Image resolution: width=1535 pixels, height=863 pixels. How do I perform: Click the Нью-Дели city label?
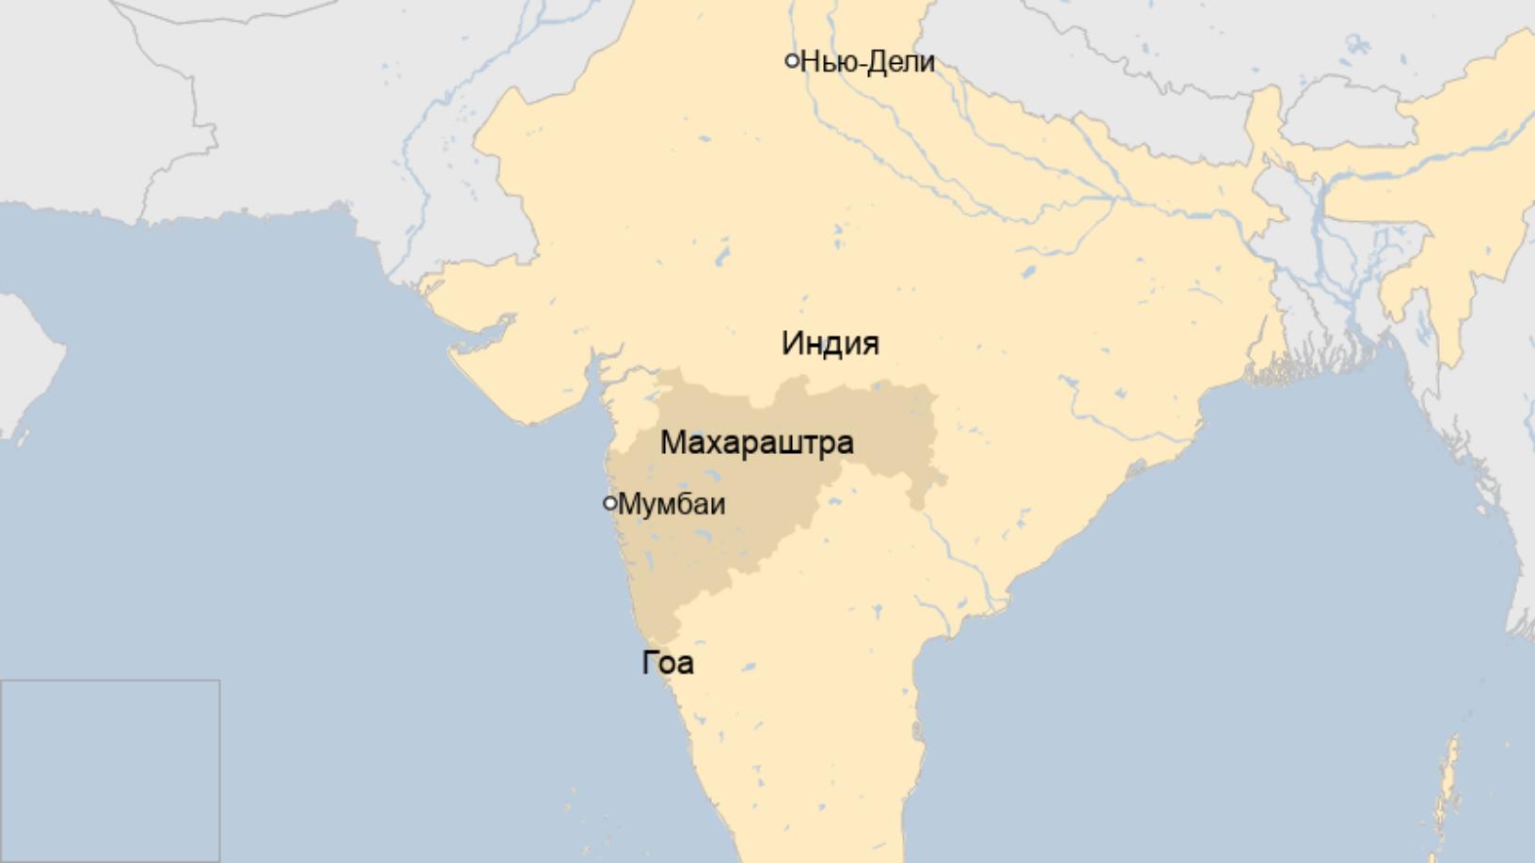pos(867,62)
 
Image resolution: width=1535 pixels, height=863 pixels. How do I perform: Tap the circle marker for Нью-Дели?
pos(792,61)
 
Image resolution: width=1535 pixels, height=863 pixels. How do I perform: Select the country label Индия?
pos(831,343)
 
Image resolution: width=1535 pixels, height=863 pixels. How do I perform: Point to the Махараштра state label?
pos(757,442)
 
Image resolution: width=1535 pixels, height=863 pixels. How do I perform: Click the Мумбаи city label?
pos(672,504)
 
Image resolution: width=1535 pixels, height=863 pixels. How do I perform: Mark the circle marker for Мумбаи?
pos(609,503)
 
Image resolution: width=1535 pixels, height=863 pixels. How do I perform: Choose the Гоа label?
pos(668,663)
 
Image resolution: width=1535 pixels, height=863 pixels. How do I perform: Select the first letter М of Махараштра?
pos(671,442)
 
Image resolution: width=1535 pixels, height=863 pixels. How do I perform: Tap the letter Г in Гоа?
pos(650,663)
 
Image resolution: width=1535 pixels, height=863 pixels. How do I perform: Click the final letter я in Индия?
pos(870,344)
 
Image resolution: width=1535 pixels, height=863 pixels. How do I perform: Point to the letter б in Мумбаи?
pos(681,504)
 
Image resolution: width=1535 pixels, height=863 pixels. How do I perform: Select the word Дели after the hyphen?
pos(900,62)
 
